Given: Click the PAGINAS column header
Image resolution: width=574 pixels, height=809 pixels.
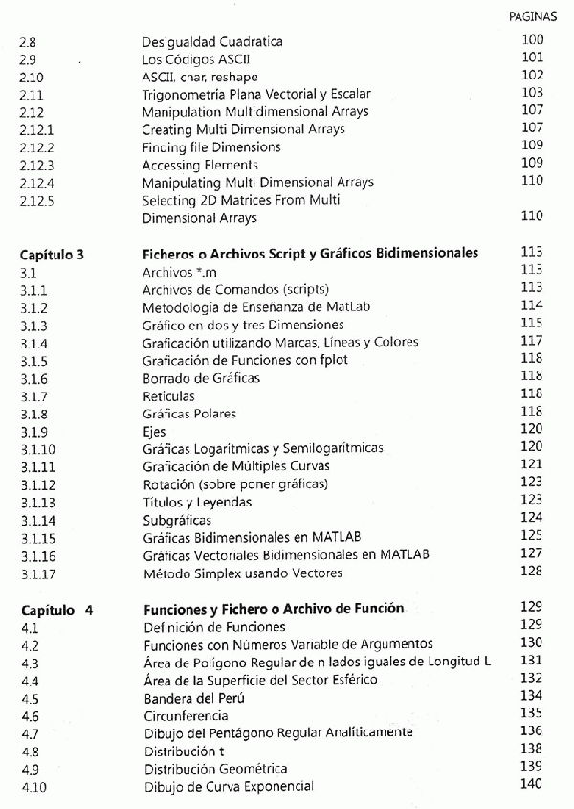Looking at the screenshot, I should point(540,16).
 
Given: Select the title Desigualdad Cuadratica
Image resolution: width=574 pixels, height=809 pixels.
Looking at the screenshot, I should point(212,42).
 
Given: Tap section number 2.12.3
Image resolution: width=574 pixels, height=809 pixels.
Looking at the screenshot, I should point(37,165).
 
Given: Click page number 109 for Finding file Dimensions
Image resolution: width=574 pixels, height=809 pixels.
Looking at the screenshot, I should point(532,146).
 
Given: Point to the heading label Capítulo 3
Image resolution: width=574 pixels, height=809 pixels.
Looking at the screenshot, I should point(53,254).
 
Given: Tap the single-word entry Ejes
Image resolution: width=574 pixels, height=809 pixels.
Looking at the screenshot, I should point(154,431).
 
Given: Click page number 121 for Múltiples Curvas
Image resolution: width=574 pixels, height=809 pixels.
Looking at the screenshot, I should point(532,464).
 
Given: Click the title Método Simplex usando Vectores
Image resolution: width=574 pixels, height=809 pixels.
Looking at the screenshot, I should point(242,573).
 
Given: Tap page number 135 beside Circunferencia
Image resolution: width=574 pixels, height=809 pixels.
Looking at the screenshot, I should point(532,714).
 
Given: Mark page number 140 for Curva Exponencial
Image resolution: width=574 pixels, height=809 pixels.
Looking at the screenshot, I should point(532,785).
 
